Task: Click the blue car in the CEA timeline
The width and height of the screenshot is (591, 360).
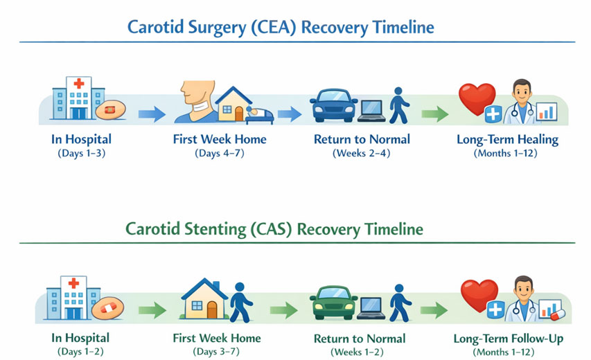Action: pos(333,106)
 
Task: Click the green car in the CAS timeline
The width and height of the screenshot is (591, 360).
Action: pos(333,303)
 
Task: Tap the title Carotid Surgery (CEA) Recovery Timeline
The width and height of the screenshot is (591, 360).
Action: pos(281,28)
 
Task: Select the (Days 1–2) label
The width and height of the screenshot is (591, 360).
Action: pos(80,352)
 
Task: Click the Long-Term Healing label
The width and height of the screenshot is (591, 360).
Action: pos(507,139)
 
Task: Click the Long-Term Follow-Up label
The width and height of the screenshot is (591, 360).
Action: pos(508,339)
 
